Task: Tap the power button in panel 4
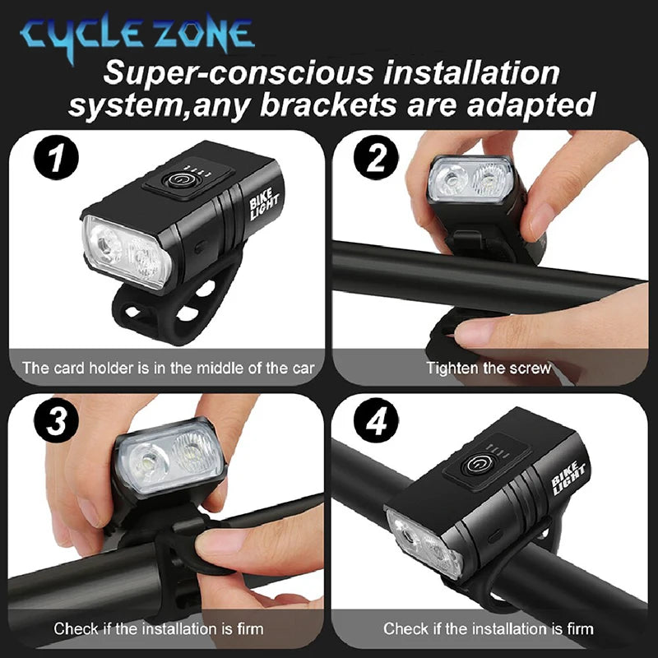click(475, 466)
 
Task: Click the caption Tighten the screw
click(489, 368)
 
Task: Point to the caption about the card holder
click(168, 368)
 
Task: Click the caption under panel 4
click(489, 629)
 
